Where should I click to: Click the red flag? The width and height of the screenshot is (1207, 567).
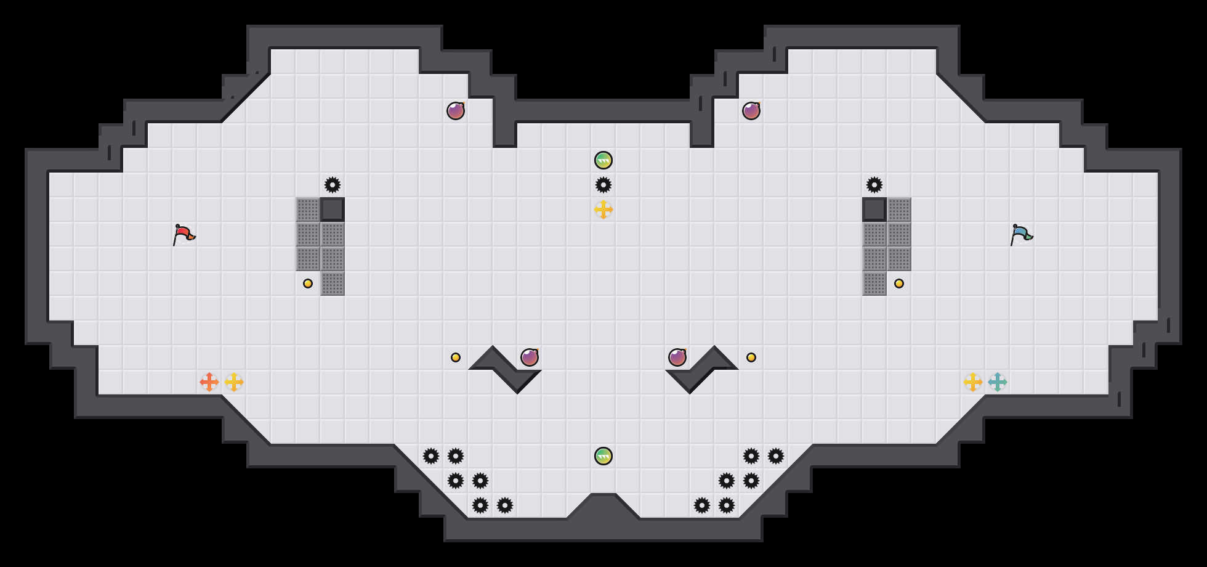tap(184, 234)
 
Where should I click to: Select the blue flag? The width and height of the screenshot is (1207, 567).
tap(1021, 234)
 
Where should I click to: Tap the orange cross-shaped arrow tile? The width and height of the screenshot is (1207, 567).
tap(209, 382)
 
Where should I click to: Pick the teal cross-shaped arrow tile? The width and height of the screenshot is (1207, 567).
tap(998, 382)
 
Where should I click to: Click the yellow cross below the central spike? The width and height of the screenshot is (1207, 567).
tap(603, 210)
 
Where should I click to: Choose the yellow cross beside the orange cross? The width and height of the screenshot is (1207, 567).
tap(234, 382)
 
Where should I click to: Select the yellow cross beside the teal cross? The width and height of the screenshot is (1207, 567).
tap(973, 382)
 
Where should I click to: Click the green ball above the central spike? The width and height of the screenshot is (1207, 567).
tap(603, 160)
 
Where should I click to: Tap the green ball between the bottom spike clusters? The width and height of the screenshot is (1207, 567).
tap(603, 456)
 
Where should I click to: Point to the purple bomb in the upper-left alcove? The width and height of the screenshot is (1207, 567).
tap(456, 111)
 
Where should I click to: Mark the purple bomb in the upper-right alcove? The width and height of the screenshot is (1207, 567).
tap(751, 111)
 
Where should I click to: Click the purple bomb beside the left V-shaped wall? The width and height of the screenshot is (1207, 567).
tap(530, 357)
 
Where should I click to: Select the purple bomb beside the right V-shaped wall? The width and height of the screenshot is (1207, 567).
tap(677, 357)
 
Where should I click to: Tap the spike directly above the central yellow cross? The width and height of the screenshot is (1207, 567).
tap(603, 185)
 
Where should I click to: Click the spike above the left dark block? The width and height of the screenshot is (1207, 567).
tap(333, 185)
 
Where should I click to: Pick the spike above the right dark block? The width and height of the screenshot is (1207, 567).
tap(874, 185)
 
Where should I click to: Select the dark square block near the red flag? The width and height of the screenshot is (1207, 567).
tap(333, 210)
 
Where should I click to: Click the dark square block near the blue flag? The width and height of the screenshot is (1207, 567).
tap(874, 210)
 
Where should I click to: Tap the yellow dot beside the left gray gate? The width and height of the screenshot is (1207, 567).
tap(308, 283)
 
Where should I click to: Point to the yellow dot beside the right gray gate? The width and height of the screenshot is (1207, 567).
tap(899, 283)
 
